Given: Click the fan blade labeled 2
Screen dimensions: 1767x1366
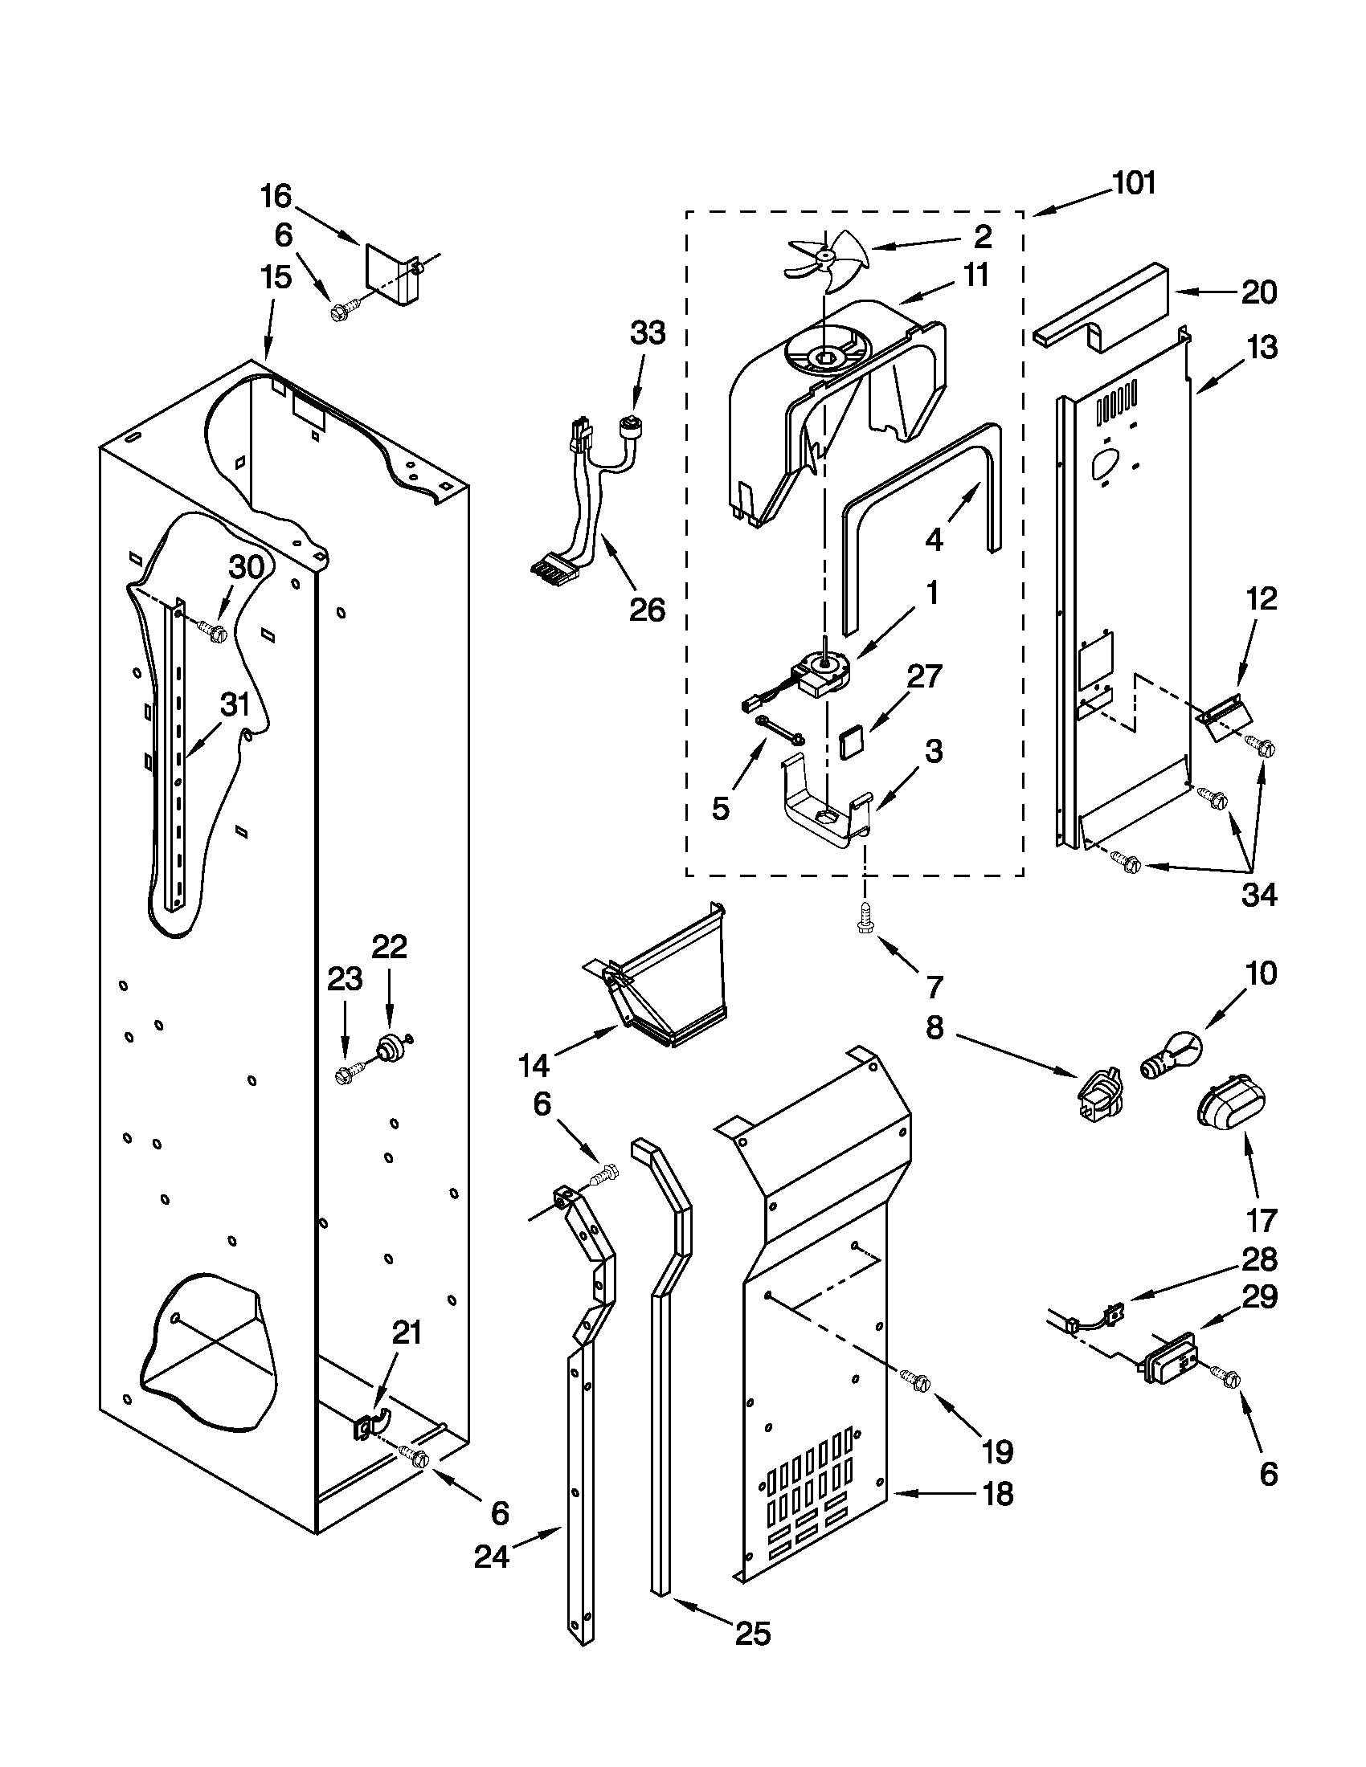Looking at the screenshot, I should coord(825,257).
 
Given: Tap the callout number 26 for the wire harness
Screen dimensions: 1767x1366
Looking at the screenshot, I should coord(648,610).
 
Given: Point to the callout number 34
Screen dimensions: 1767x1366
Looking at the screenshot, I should coord(1259,895).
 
